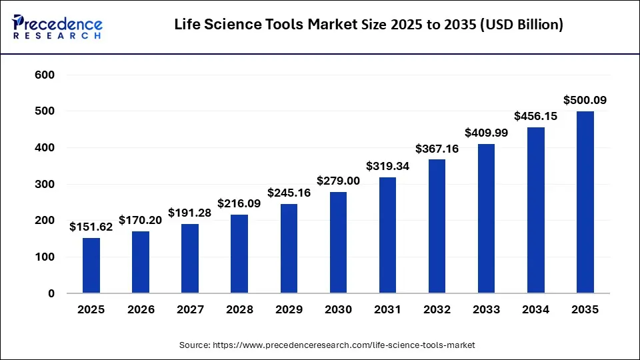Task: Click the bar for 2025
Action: click(x=91, y=265)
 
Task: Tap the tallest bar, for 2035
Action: click(x=585, y=202)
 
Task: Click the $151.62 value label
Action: click(x=91, y=227)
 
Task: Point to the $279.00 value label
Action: click(x=338, y=181)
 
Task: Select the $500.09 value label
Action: click(x=585, y=101)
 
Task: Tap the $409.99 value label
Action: click(x=487, y=133)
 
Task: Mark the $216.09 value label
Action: click(x=239, y=203)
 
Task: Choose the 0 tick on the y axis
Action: click(x=51, y=293)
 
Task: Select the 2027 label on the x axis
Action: click(x=190, y=310)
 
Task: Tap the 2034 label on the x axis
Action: click(x=536, y=310)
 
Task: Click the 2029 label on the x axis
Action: click(x=289, y=310)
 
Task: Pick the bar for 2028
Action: click(x=239, y=254)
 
